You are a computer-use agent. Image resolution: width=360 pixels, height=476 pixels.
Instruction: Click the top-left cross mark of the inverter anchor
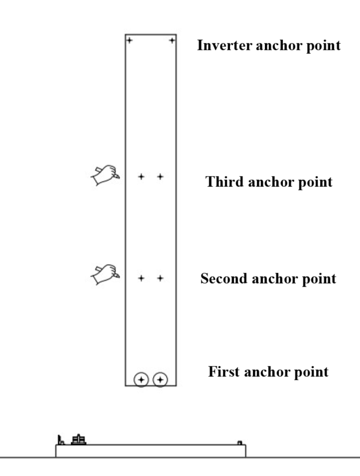(x=129, y=40)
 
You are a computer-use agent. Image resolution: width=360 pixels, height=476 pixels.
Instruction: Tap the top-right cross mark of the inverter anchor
(x=172, y=40)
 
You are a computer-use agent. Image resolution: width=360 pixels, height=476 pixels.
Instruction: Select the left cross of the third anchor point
(x=142, y=176)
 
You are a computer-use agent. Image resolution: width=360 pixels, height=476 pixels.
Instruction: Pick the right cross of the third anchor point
(x=160, y=176)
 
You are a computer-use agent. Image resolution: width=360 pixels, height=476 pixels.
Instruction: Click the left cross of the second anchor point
(x=142, y=278)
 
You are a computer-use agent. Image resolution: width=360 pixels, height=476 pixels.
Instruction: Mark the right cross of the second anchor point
(x=160, y=278)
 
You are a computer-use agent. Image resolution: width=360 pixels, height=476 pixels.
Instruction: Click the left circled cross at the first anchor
(x=142, y=380)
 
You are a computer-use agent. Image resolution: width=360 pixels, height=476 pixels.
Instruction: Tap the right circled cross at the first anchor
(x=160, y=380)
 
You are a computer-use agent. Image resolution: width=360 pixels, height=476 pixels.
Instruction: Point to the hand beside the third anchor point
(x=105, y=175)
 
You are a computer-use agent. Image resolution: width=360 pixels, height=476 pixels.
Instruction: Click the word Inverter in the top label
(x=220, y=46)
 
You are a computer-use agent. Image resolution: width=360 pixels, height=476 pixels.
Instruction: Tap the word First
(x=222, y=372)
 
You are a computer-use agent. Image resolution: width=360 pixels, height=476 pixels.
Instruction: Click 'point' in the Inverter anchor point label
(x=324, y=46)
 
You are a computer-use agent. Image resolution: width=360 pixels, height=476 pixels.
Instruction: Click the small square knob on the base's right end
(x=239, y=442)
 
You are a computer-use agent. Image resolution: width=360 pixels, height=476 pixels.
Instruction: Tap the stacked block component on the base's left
(x=79, y=440)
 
